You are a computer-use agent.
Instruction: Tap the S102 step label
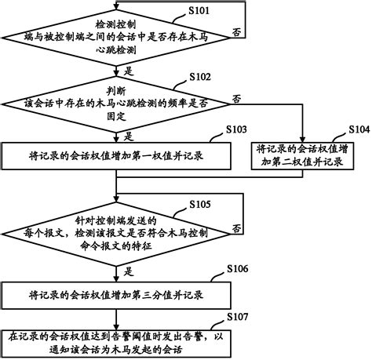click(x=201, y=77)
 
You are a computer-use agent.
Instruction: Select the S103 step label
click(x=239, y=129)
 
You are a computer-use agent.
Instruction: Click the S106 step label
click(x=239, y=269)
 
